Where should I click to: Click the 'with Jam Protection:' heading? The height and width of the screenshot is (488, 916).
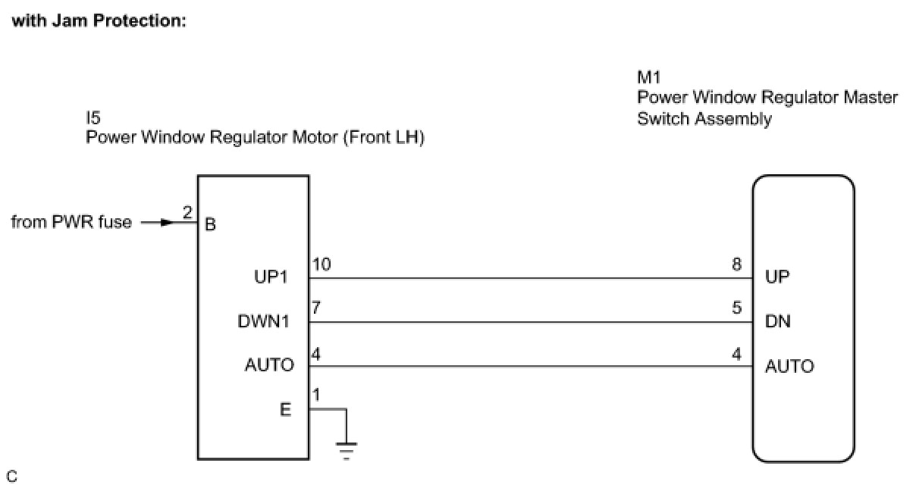point(99,20)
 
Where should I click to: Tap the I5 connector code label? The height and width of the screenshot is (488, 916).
point(93,117)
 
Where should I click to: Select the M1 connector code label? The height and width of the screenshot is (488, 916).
point(649,77)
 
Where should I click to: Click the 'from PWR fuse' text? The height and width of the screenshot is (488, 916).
point(71,222)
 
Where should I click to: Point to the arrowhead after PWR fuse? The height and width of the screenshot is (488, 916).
point(168,223)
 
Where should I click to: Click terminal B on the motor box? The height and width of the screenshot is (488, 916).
point(210,224)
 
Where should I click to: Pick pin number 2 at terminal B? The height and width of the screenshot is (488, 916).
point(187,212)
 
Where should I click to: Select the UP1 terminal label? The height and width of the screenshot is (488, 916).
point(271,277)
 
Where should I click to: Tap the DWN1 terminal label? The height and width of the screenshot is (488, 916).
point(263,321)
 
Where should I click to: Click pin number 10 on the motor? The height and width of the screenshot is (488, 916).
point(322,264)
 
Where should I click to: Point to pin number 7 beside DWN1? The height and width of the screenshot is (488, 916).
point(316,308)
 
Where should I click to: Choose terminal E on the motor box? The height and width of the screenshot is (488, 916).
point(285,409)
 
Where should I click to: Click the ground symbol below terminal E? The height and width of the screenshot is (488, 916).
point(347,451)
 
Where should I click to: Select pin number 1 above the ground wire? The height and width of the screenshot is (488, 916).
point(315,396)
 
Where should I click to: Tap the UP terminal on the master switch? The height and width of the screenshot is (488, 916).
point(777,277)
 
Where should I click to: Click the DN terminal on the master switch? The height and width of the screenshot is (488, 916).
point(778,321)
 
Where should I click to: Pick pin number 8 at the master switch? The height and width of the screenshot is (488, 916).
point(736,264)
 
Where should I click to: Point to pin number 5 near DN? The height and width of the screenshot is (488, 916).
point(736,308)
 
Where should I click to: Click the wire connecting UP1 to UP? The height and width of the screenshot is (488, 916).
point(531,278)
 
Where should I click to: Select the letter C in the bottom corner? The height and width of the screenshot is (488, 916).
point(12,477)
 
